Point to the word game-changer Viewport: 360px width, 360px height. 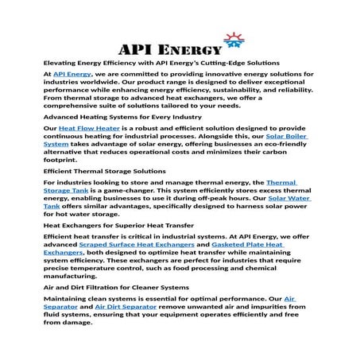131,192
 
